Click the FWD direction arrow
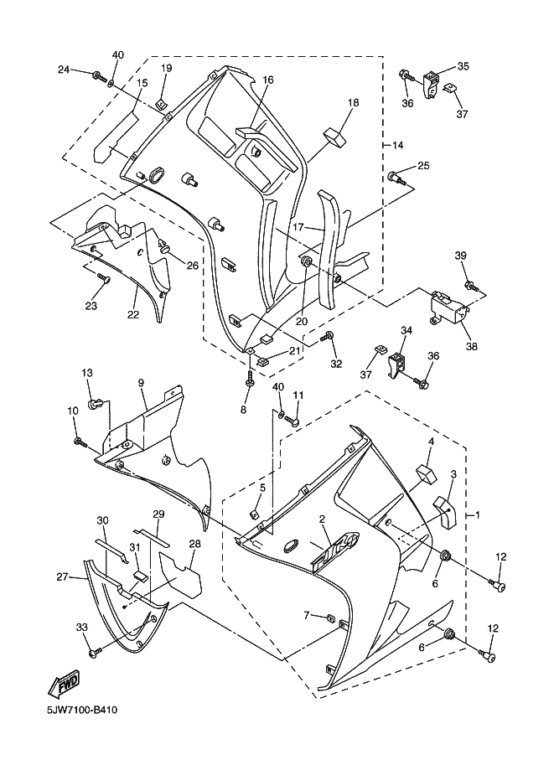pos(68,686)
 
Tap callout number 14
pos(397,145)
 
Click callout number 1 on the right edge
pos(479,513)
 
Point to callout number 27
pos(61,576)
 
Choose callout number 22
pos(132,314)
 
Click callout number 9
pos(142,383)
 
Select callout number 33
pos(81,628)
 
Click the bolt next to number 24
pos(99,76)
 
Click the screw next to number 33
pos(95,648)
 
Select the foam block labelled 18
pos(339,135)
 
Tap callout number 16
pos(267,80)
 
